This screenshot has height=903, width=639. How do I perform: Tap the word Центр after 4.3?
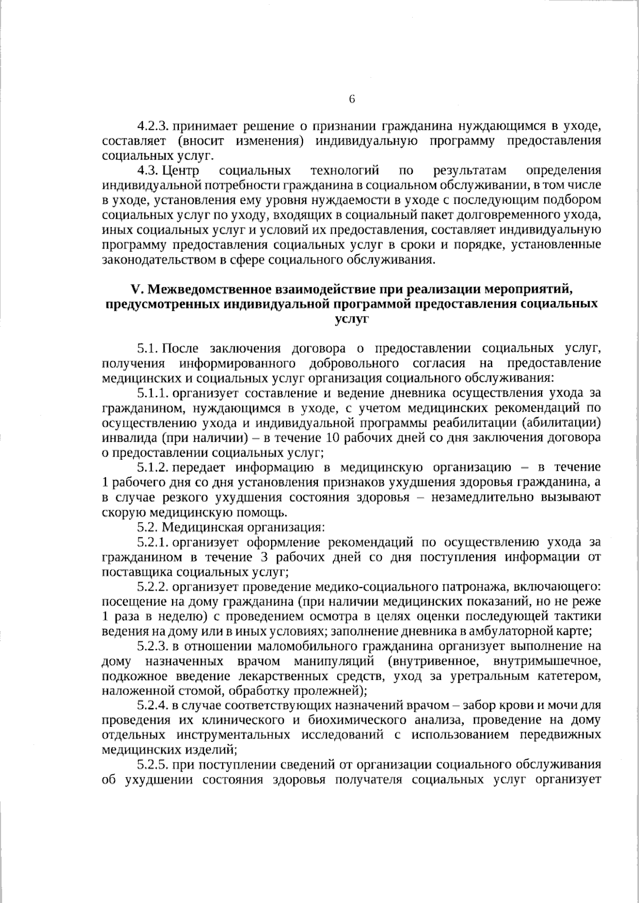(181, 171)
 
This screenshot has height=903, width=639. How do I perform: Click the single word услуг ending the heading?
(351, 319)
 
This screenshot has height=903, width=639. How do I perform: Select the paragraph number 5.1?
(148, 349)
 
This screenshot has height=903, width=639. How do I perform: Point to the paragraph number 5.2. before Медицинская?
(148, 527)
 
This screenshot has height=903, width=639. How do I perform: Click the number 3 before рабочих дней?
(265, 557)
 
